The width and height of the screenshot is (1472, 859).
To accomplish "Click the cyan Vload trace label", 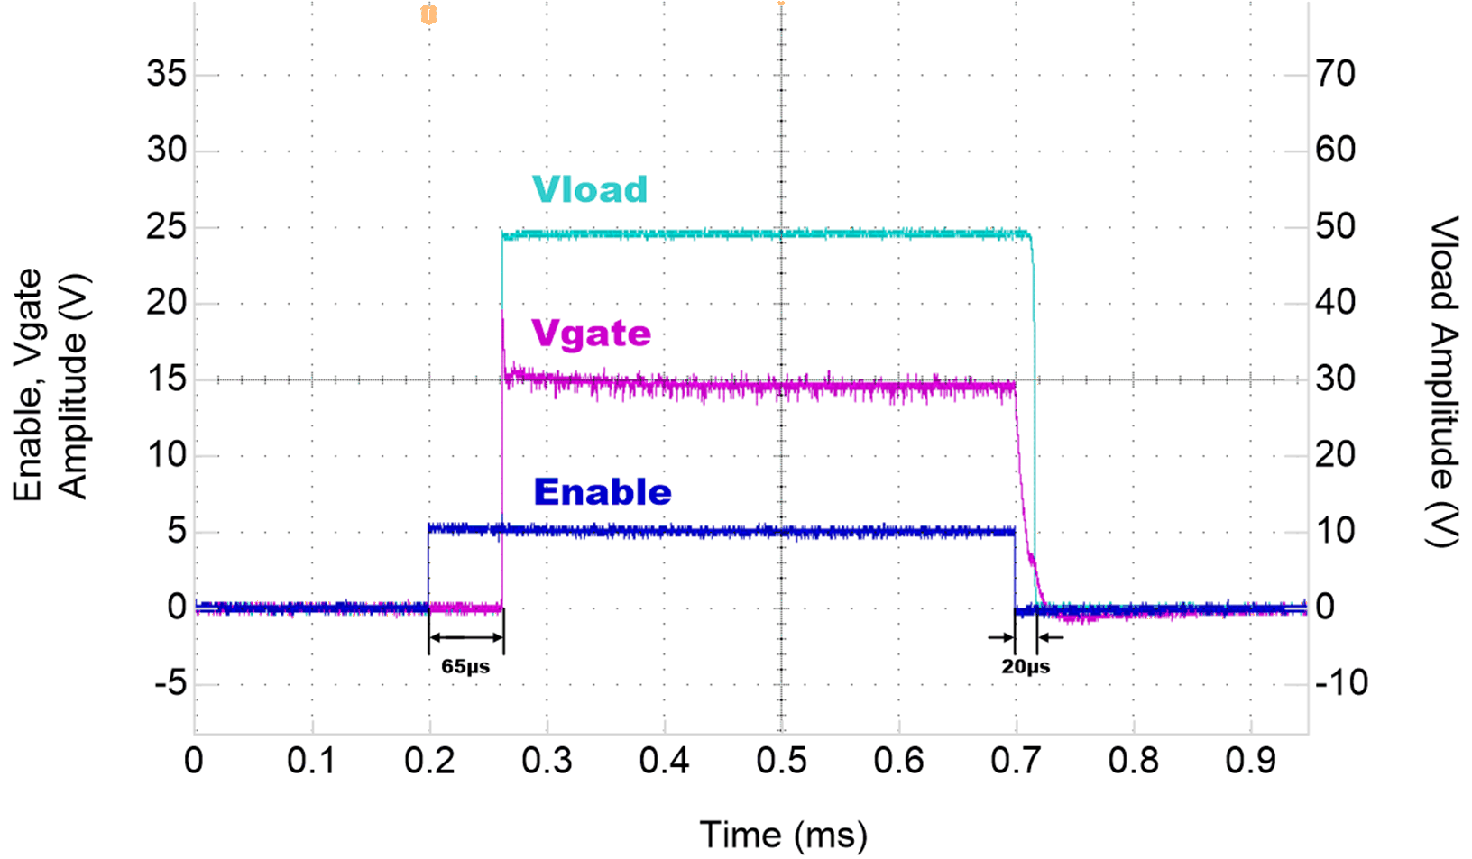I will [590, 189].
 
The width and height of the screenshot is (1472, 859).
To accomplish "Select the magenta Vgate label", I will [591, 334].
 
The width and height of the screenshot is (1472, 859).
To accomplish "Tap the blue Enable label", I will [603, 492].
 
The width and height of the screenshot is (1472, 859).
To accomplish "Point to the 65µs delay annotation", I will [465, 667].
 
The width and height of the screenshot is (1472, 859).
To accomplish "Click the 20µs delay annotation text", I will [1026, 667].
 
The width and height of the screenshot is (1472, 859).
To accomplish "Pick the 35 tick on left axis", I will [167, 74].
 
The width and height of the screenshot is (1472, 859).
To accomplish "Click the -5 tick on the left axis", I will [170, 684].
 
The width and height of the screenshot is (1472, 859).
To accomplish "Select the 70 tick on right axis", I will [1335, 74].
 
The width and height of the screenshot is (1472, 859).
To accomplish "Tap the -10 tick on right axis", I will [1341, 683].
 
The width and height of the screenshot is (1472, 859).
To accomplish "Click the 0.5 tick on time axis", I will [781, 761].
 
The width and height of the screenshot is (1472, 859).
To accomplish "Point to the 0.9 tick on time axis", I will [1250, 761].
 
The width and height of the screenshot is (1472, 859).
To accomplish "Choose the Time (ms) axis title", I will [783, 835].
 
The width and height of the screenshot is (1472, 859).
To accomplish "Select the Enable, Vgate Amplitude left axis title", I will [51, 384].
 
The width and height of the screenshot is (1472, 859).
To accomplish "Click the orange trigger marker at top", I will [429, 14].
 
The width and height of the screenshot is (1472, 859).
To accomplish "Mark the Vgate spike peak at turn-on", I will [502, 311].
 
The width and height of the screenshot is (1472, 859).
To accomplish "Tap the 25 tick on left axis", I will [167, 226].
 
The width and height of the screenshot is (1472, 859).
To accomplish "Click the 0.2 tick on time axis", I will [429, 761].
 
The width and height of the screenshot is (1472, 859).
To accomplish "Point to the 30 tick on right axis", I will [1335, 379].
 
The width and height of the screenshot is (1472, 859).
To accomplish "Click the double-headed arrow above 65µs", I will [465, 638].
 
